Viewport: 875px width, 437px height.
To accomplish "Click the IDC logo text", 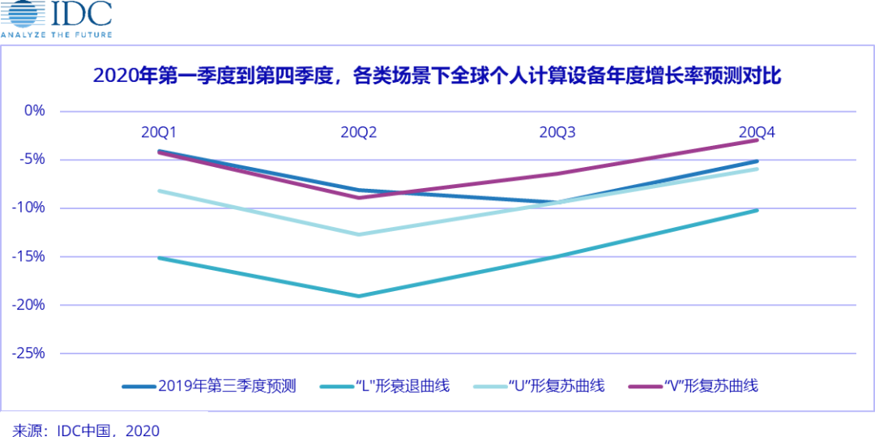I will [x=81, y=15].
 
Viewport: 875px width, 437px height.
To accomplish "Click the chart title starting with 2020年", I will [x=437, y=76].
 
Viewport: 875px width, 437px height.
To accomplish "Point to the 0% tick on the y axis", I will [x=33, y=110].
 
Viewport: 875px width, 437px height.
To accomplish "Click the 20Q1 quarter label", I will [x=160, y=132].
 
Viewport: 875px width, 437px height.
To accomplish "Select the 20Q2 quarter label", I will [x=359, y=132].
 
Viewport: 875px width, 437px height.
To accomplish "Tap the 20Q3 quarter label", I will [x=557, y=132].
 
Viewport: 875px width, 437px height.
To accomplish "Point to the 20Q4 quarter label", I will [x=757, y=132].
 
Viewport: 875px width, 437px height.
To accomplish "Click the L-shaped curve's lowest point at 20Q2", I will [x=359, y=296].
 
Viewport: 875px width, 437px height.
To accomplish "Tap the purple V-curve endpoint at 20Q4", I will [x=757, y=140].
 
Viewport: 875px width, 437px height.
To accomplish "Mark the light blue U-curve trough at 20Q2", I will [x=359, y=234].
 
